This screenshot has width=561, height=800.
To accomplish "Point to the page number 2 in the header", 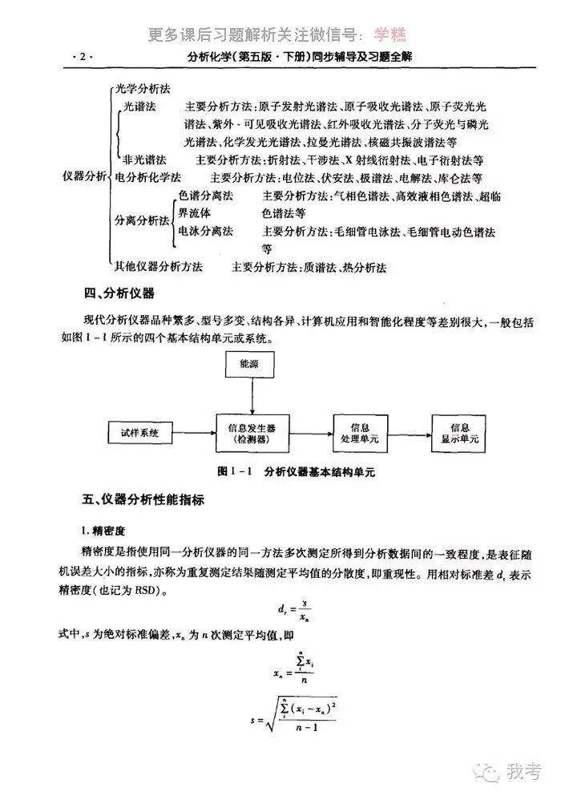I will pos(83,58).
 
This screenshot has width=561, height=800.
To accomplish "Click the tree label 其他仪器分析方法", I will pos(158,266).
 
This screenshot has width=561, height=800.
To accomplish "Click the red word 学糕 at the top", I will pos(389,34).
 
